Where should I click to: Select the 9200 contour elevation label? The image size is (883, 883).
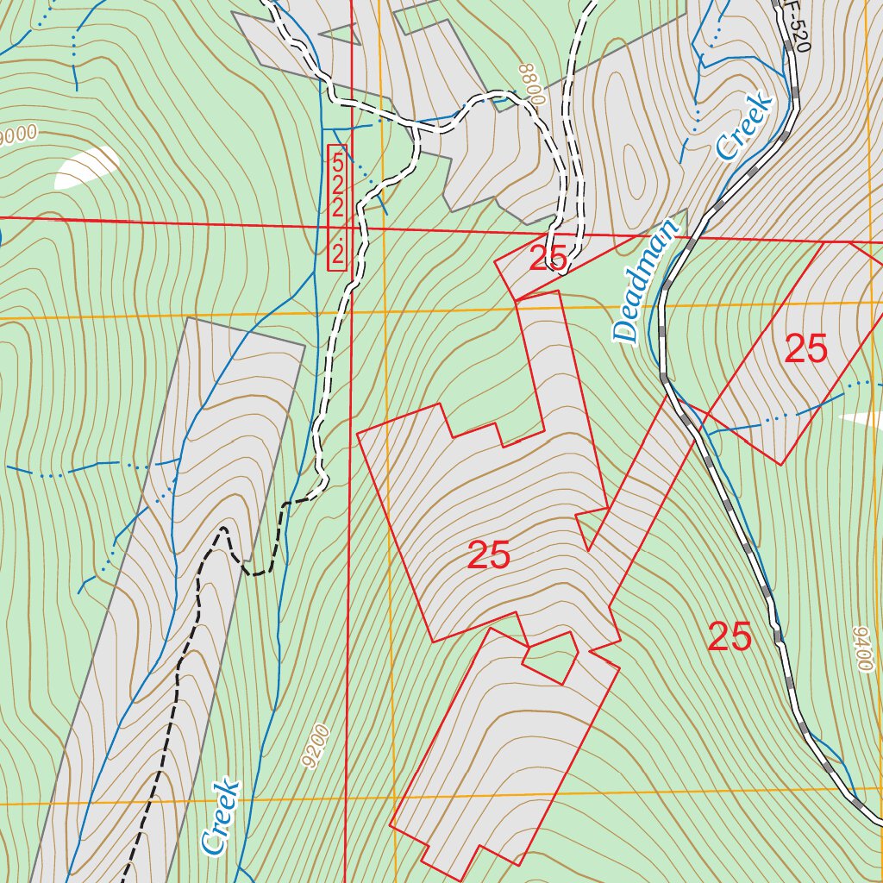(316, 747)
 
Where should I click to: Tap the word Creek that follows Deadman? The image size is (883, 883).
(743, 127)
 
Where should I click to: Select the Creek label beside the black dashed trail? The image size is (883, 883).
(221, 817)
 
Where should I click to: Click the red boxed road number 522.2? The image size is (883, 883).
(337, 208)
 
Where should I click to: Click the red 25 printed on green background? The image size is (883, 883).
(730, 637)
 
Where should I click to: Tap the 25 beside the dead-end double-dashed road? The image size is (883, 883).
(548, 258)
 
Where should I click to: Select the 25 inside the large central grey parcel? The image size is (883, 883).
(488, 556)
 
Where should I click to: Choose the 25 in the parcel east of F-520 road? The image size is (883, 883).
(805, 349)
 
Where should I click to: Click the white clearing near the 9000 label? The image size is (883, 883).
(86, 169)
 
